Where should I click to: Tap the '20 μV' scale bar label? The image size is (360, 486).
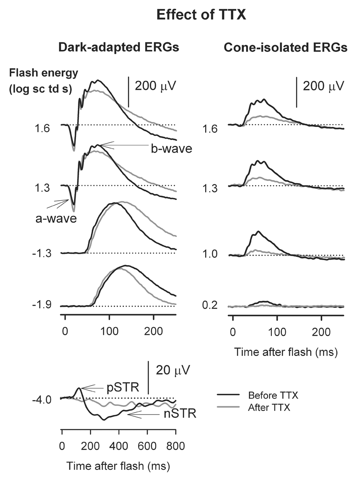tap(173, 371)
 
